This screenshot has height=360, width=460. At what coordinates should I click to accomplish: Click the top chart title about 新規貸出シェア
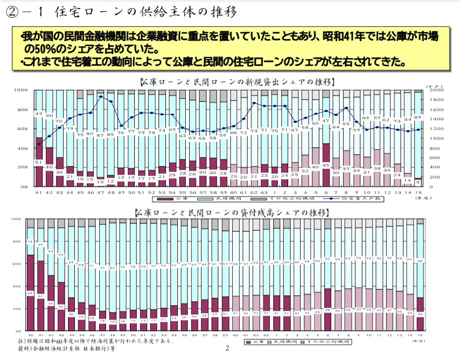tap(237, 82)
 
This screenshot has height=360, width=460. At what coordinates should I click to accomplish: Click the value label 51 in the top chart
tap(39, 162)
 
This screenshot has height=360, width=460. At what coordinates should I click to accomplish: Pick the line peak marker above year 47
tap(101, 96)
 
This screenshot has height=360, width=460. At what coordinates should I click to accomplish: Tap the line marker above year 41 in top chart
tap(39, 144)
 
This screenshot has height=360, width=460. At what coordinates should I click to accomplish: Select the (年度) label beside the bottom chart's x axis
tap(418, 341)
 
